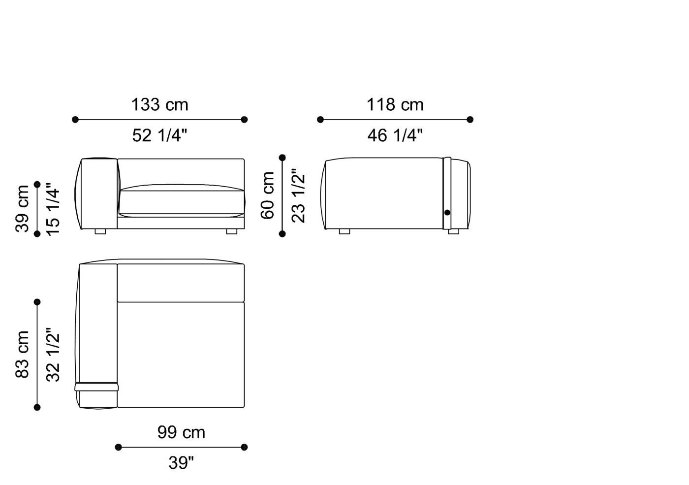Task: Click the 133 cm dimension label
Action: click(159, 105)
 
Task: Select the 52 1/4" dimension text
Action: click(159, 135)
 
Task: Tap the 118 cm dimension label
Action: click(395, 105)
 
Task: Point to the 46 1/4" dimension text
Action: click(395, 135)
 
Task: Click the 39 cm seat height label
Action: click(23, 209)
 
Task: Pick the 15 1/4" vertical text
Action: click(53, 209)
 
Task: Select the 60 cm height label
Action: click(267, 195)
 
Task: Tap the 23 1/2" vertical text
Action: click(298, 195)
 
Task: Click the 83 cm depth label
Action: click(23, 355)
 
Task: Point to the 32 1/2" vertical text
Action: click(53, 355)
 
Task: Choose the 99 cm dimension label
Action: click(181, 432)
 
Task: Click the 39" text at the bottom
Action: click(181, 463)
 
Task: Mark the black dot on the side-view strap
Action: click(447, 213)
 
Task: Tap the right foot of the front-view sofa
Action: click(231, 231)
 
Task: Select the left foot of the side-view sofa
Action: click(344, 231)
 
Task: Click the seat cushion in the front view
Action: click(182, 202)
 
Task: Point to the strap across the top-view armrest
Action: click(96, 387)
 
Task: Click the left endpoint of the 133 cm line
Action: click(75, 120)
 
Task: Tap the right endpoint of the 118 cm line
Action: click(470, 120)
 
